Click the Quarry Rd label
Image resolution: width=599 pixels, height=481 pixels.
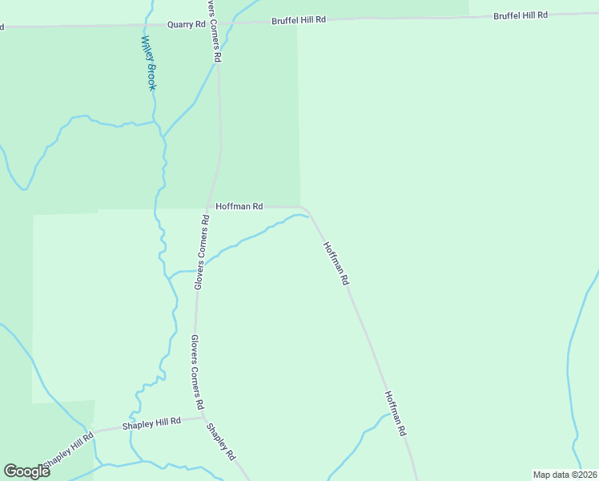[186, 25]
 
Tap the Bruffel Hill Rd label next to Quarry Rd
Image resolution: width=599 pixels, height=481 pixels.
[299, 19]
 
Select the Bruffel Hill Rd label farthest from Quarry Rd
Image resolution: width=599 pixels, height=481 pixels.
[521, 15]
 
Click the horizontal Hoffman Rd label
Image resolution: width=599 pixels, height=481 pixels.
[239, 206]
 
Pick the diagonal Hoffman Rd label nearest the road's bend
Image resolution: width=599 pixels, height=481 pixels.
[336, 264]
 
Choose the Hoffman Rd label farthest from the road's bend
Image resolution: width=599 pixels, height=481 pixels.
[396, 413]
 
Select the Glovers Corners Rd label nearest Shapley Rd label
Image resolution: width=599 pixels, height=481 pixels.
[198, 371]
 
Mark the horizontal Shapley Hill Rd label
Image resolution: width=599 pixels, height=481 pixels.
[151, 422]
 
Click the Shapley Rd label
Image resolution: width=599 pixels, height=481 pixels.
[220, 442]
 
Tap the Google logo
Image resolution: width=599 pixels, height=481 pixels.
[26, 471]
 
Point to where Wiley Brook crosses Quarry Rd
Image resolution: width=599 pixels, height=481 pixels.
[149, 26]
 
